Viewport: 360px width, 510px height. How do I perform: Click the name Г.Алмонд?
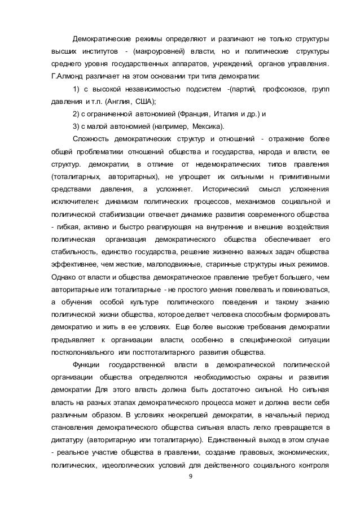pyautogui.click(x=65, y=76)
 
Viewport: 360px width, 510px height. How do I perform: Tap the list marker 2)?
pyautogui.click(x=79, y=114)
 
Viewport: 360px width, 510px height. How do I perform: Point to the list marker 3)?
pyautogui.click(x=79, y=126)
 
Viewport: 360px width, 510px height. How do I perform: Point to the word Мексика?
pyautogui.click(x=207, y=126)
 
